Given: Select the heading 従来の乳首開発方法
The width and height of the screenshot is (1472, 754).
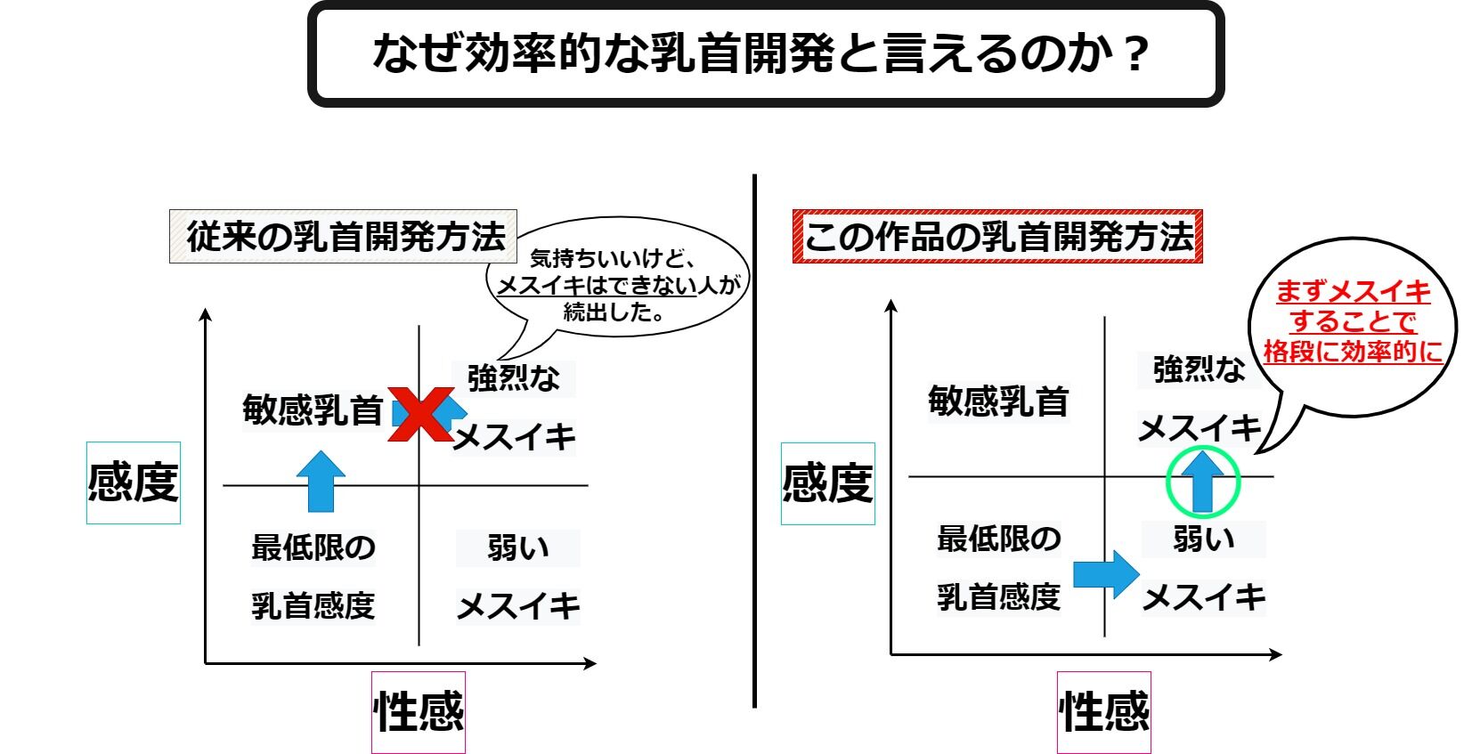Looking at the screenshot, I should [x=344, y=237].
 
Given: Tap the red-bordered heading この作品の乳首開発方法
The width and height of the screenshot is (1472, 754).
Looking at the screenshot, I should [x=997, y=237].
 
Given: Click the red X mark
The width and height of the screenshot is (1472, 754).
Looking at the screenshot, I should [x=419, y=414].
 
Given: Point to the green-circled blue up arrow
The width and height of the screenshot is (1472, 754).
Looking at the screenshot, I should [x=1203, y=482].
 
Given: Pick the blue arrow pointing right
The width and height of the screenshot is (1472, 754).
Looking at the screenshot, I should [x=1106, y=574].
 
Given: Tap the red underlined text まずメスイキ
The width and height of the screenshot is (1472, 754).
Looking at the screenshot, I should [x=1353, y=292].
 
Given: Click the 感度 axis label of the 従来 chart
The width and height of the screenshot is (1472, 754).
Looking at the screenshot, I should [x=134, y=482].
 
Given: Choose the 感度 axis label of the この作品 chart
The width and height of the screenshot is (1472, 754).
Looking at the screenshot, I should [x=828, y=483].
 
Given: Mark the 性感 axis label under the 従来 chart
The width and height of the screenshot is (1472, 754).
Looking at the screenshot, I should [x=419, y=712].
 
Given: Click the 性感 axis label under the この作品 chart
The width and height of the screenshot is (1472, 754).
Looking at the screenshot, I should [x=1104, y=712].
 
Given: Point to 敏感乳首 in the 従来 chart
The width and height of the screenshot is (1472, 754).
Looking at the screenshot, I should [x=313, y=410].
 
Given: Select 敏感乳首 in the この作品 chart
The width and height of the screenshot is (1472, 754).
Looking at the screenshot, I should [x=998, y=401].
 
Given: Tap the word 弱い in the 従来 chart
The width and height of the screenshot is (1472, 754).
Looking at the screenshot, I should [x=517, y=548].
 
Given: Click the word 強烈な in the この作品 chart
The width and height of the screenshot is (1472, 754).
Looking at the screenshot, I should [x=1199, y=369].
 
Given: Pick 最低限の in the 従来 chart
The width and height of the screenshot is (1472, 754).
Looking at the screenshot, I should [x=313, y=547].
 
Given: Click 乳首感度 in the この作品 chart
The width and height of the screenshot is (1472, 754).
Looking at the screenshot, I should [x=998, y=596].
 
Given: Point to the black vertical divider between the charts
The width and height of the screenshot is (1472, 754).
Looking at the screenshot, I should [x=755, y=445].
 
